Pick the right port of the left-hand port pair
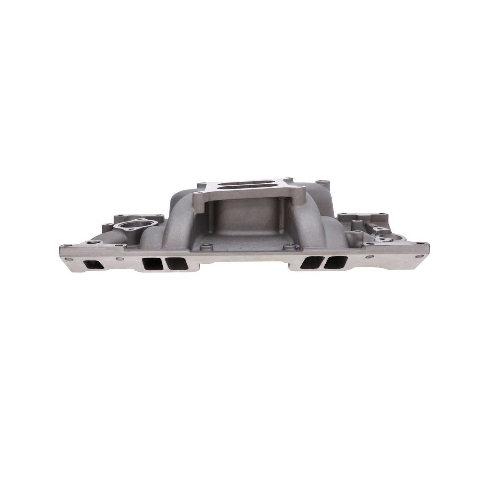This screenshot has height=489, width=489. click(x=174, y=263)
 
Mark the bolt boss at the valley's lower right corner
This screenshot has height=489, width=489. click(x=287, y=247)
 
